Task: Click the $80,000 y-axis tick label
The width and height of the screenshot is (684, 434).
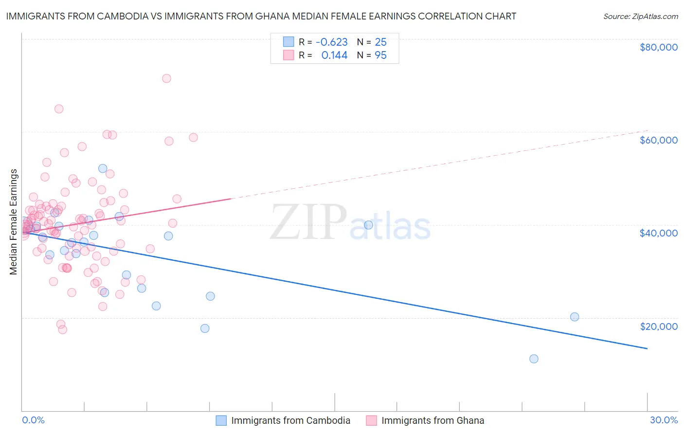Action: pos(658,47)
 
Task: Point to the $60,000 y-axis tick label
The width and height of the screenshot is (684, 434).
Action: pos(658,140)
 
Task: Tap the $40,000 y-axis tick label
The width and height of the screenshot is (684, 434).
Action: pos(658,233)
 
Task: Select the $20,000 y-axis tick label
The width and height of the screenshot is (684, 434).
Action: pos(658,326)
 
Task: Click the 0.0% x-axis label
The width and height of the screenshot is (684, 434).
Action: pos(33,420)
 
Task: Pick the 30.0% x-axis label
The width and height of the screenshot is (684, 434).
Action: pos(664,420)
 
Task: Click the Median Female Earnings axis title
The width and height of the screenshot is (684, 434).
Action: pos(14,222)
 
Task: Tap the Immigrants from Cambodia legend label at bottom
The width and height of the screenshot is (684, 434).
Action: pos(290,420)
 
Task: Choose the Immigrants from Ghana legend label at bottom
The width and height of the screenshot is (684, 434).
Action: pos(432,420)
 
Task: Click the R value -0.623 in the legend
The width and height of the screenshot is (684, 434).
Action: pos(331,42)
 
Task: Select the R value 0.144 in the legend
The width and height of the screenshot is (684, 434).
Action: pos(334,55)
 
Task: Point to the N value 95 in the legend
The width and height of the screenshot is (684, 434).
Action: pos(380,55)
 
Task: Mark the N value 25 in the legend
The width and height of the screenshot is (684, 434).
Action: pos(380,42)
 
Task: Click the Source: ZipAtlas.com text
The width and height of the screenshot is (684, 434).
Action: pos(640,17)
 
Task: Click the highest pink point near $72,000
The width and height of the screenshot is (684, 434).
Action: pos(166,78)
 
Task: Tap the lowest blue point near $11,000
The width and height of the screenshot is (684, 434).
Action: pos(534,359)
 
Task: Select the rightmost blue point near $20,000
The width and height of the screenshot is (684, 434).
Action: pos(575,317)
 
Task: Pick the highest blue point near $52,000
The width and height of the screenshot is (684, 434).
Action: pos(103,168)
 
